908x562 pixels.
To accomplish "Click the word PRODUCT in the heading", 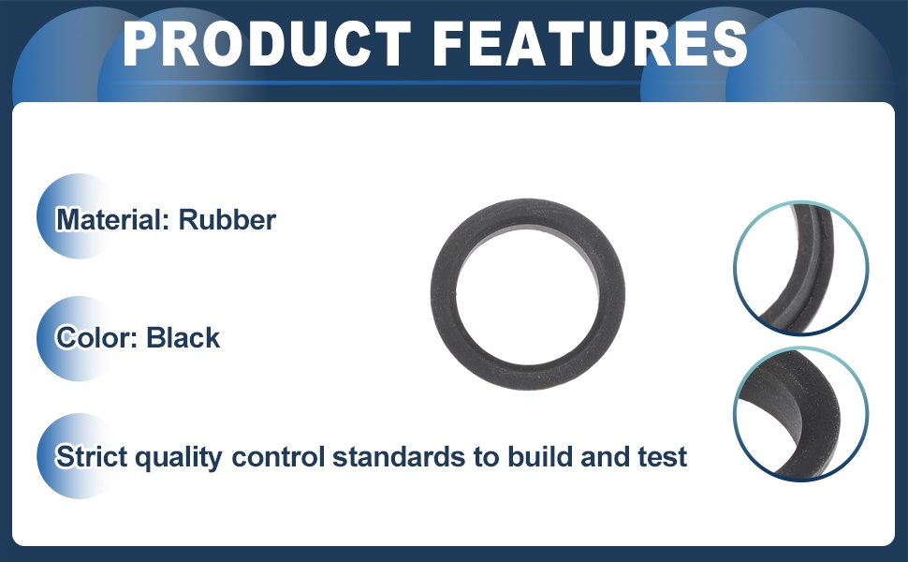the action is click(x=268, y=44).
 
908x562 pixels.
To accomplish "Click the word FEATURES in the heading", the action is click(x=590, y=44).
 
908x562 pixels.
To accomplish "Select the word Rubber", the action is click(x=227, y=220).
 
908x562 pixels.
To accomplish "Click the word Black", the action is click(x=183, y=338).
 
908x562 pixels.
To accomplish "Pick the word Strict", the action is click(x=91, y=456).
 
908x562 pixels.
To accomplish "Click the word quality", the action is click(x=179, y=458).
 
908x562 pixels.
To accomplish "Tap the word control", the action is click(x=278, y=456).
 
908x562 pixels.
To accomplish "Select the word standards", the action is click(x=399, y=456).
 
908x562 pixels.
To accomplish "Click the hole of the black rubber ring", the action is click(x=528, y=294).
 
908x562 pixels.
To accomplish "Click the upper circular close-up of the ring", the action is click(x=801, y=268).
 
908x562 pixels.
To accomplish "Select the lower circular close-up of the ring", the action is click(x=801, y=414).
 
